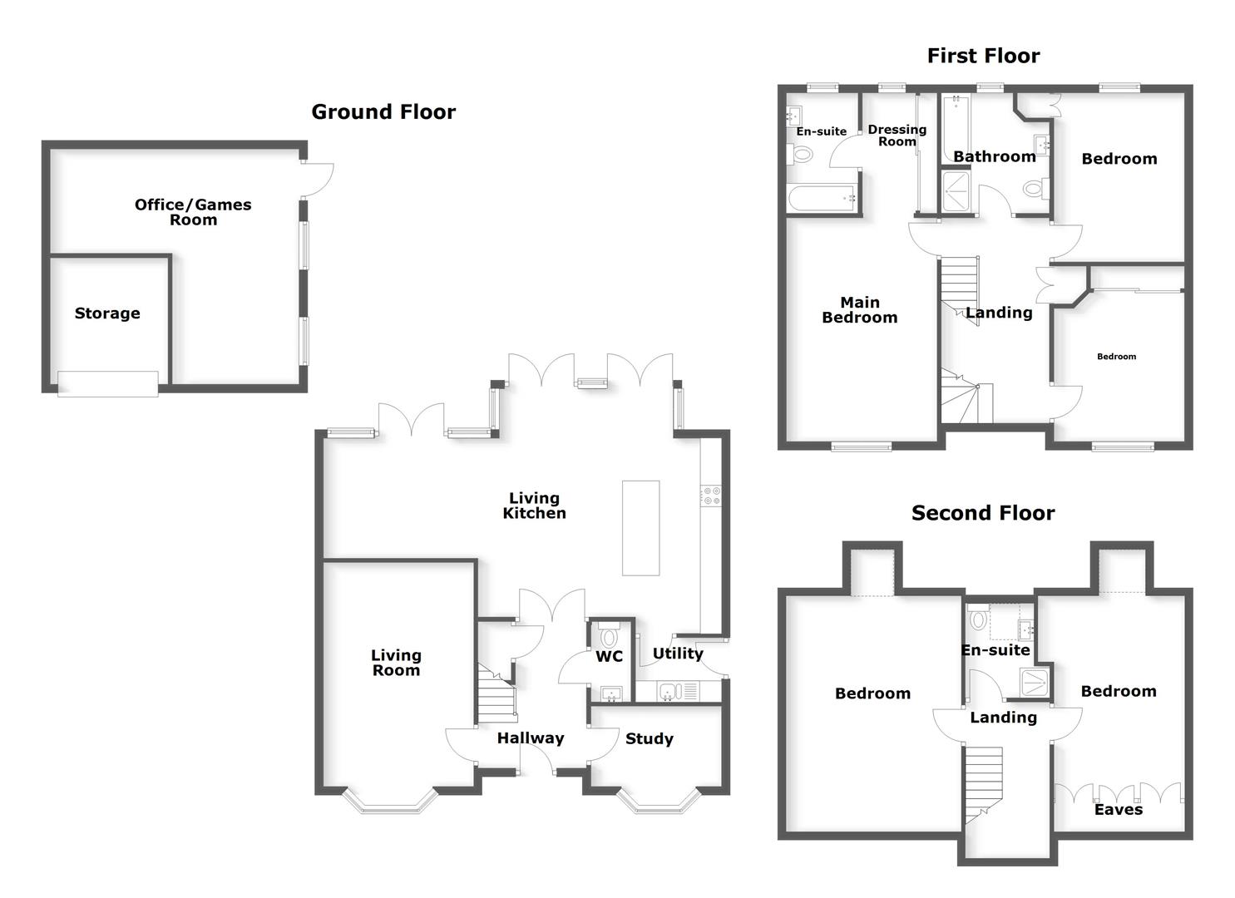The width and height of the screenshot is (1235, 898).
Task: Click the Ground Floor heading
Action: click(383, 112)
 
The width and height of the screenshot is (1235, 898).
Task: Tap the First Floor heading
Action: click(983, 56)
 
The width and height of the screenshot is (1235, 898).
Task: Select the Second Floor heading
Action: click(983, 513)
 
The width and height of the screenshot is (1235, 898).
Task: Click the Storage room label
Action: click(107, 313)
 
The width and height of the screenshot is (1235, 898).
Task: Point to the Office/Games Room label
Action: click(193, 212)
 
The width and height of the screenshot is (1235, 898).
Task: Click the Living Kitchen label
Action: click(534, 506)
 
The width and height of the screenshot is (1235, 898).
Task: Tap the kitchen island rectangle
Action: click(640, 528)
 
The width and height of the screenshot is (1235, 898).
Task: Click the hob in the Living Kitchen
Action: click(712, 496)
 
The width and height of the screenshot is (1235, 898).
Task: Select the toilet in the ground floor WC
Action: click(610, 637)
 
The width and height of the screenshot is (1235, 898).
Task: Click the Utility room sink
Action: click(669, 691)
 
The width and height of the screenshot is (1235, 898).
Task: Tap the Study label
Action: click(650, 739)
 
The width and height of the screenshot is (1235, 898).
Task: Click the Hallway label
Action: click(531, 738)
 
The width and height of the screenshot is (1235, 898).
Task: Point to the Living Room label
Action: click(396, 663)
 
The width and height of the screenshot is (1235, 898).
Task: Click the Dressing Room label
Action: click(897, 136)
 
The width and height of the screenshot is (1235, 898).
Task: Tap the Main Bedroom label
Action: click(859, 310)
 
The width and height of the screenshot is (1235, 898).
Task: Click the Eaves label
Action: click(1118, 810)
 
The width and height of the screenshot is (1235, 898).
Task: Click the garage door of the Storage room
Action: click(108, 383)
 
